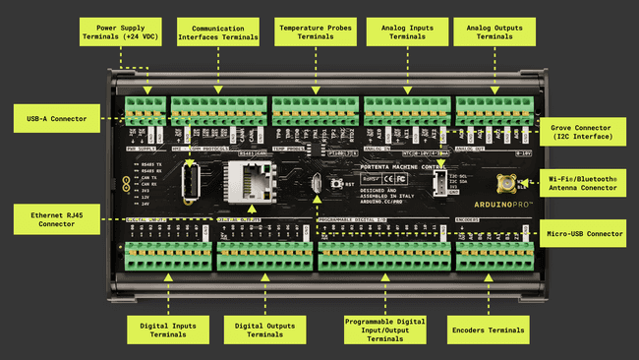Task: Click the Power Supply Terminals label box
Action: click(122, 31)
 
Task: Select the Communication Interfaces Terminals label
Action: click(218, 31)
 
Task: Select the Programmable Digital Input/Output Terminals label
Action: click(384, 329)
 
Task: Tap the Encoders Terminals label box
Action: click(489, 329)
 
